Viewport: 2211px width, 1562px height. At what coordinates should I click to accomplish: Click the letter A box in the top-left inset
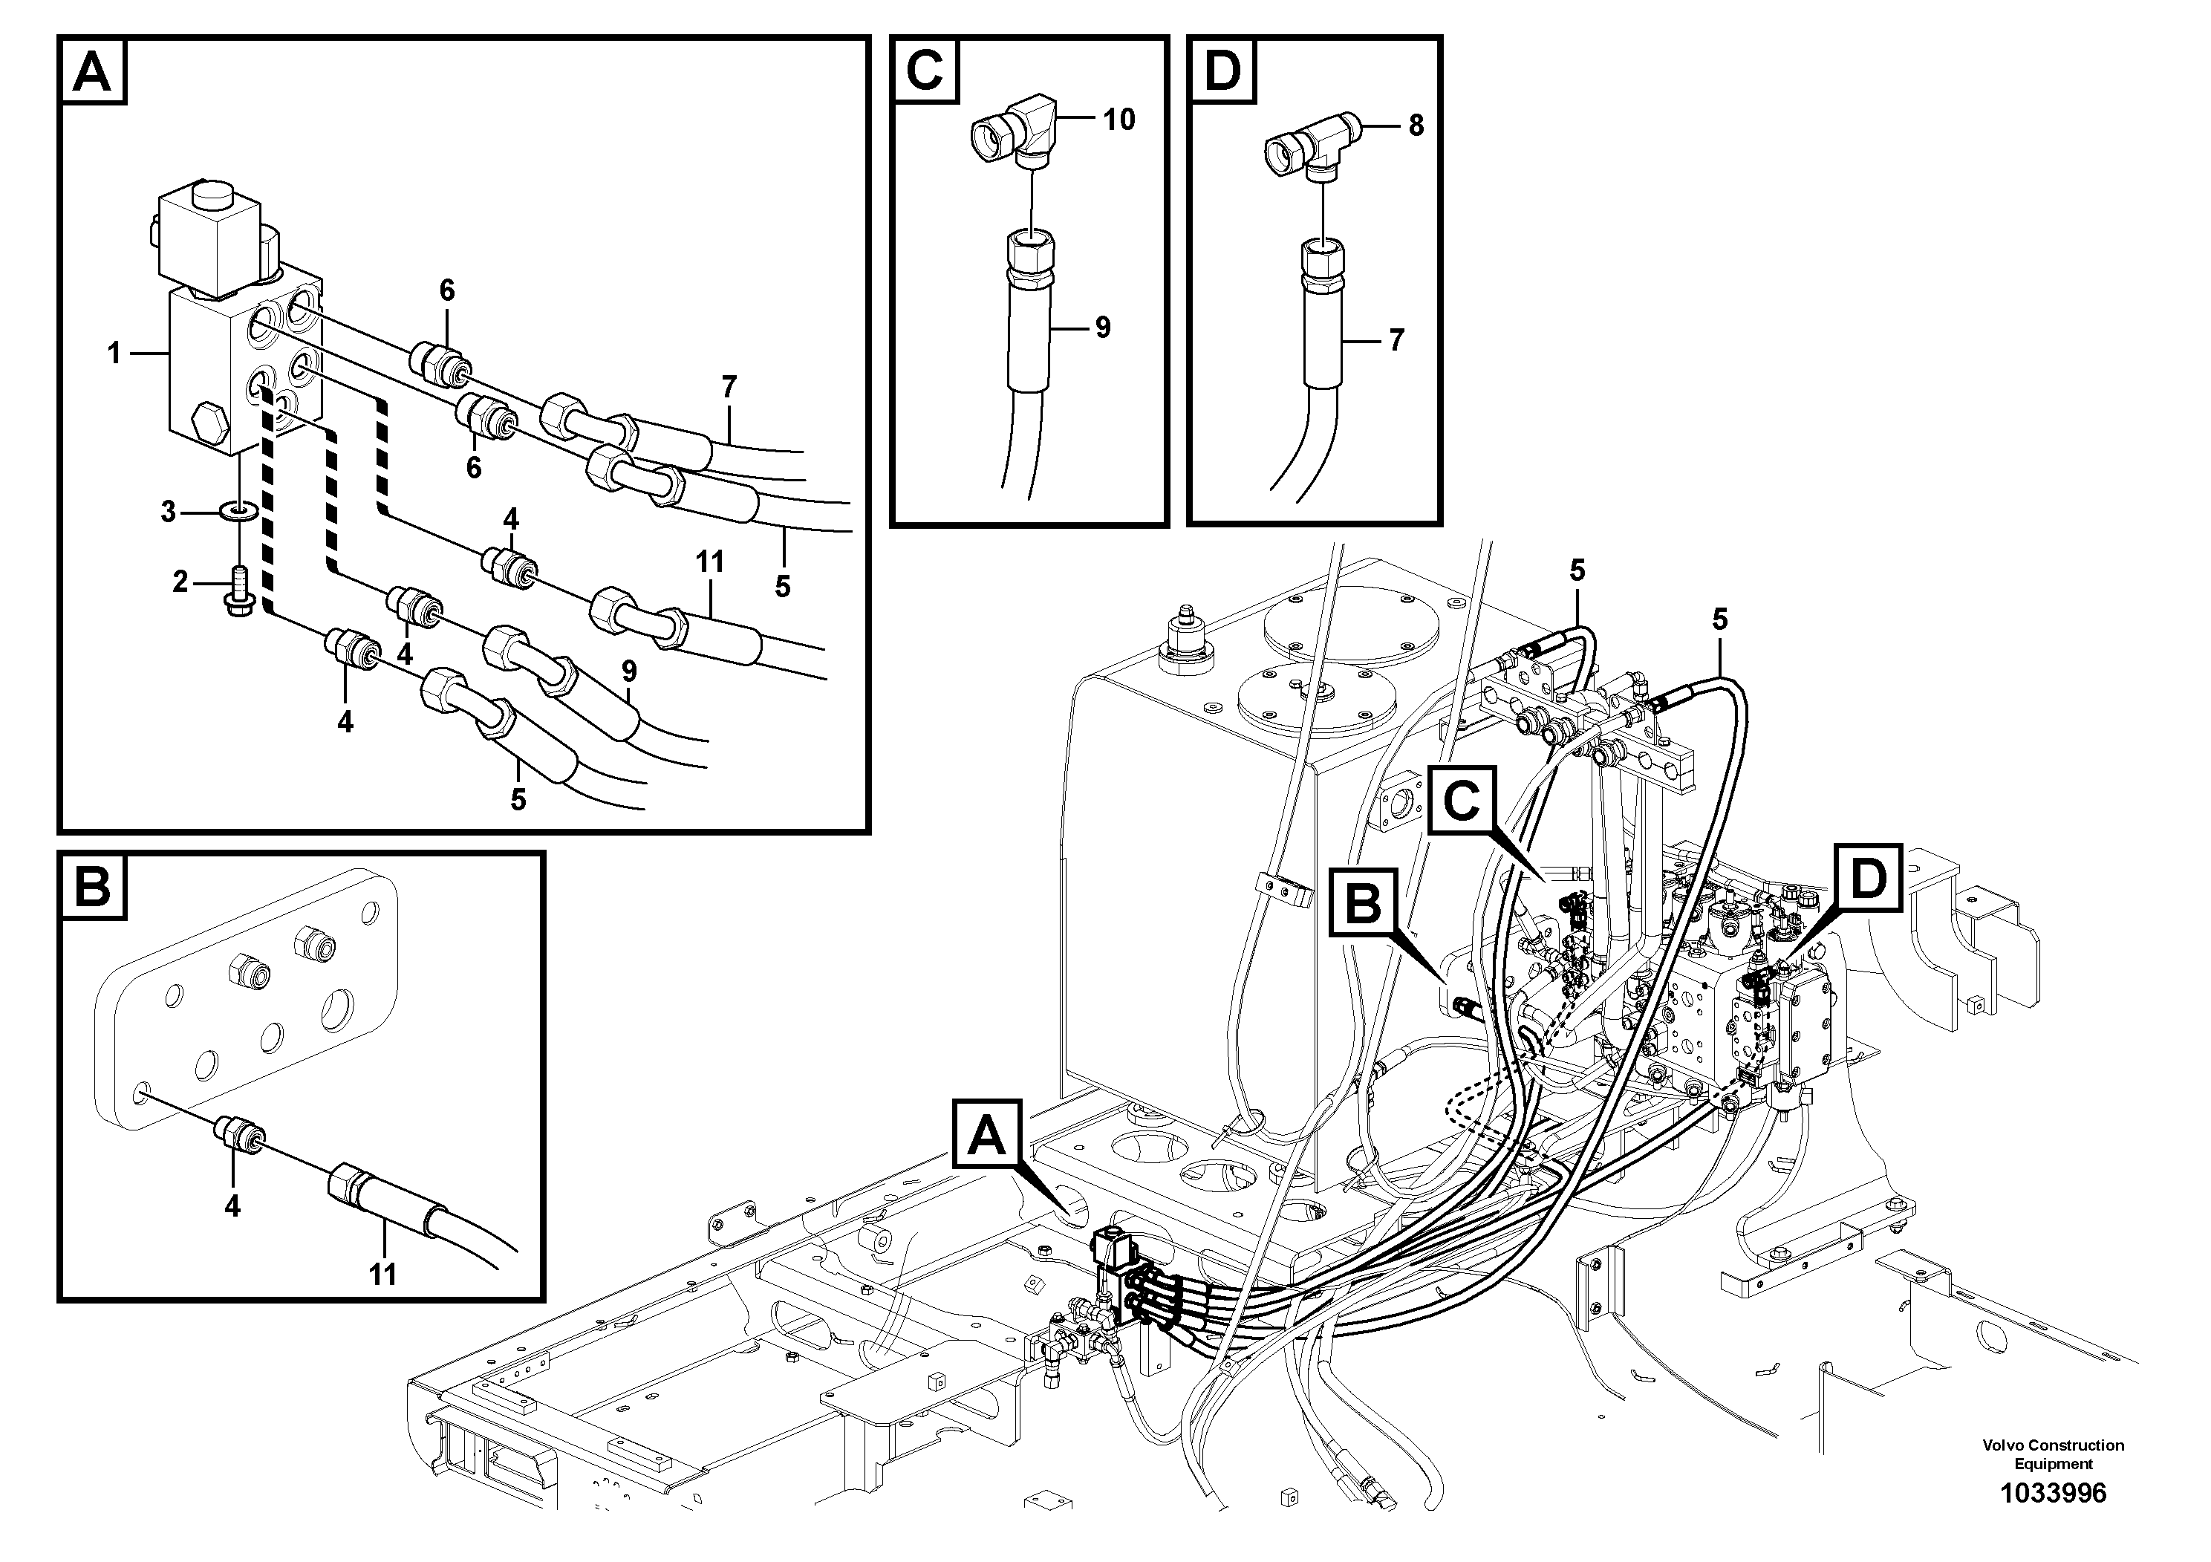[94, 71]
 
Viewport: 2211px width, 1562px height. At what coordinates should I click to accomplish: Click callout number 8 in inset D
[1416, 126]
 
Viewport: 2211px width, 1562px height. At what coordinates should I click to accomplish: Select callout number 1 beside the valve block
[114, 354]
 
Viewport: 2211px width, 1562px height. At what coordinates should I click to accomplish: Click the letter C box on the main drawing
[1462, 799]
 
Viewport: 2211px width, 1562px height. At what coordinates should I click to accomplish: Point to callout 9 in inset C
[1103, 328]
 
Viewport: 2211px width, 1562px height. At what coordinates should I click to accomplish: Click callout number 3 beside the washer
[169, 511]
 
